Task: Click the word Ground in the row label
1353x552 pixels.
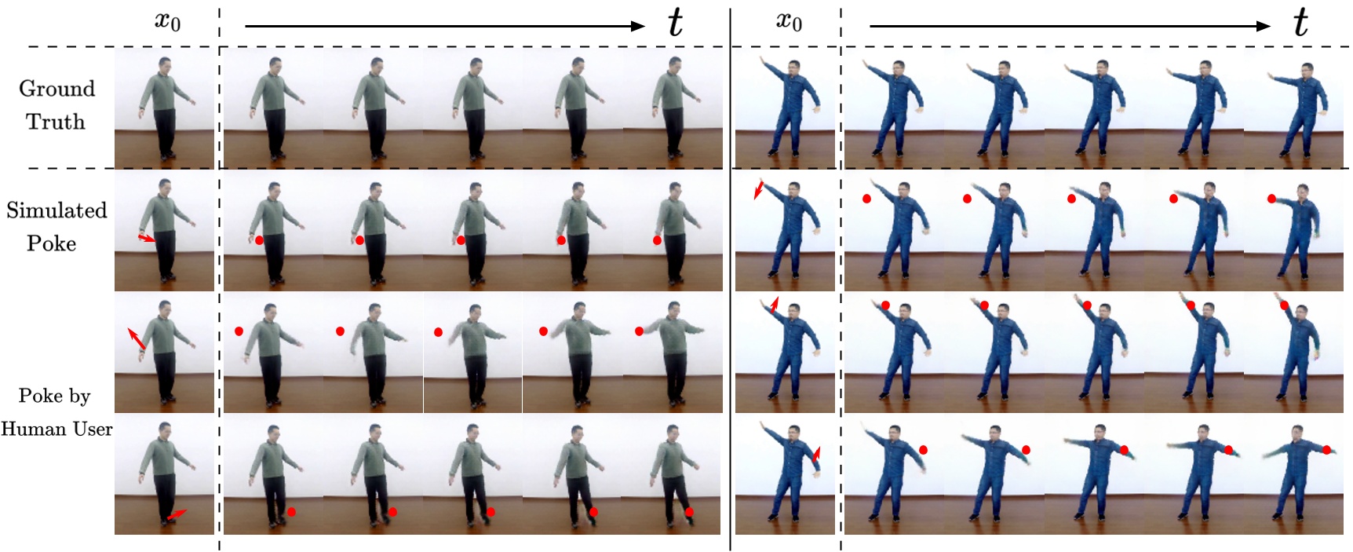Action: pyautogui.click(x=57, y=89)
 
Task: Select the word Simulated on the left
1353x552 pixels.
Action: pyautogui.click(x=57, y=210)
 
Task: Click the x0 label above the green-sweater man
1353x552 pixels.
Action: pyautogui.click(x=167, y=21)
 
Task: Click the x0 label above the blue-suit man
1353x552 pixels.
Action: pyautogui.click(x=789, y=21)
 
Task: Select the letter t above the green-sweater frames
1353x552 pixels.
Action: pyautogui.click(x=675, y=24)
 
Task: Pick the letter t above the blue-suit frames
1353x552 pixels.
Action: pyautogui.click(x=1300, y=24)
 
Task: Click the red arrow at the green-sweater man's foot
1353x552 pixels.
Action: pyautogui.click(x=177, y=514)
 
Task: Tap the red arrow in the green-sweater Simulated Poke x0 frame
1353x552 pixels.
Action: pyautogui.click(x=146, y=237)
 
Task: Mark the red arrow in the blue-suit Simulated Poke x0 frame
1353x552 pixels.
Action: pyautogui.click(x=759, y=189)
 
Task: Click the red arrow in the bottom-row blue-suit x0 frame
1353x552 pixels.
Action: pyautogui.click(x=816, y=454)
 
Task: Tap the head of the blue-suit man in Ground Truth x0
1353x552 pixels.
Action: pyautogui.click(x=793, y=68)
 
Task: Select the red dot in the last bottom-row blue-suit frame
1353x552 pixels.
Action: pyautogui.click(x=1326, y=450)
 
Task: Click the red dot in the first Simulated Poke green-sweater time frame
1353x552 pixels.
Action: pyautogui.click(x=259, y=239)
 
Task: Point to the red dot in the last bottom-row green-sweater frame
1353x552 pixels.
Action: pyautogui.click(x=689, y=512)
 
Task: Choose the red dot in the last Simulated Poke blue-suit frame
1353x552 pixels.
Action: pyautogui.click(x=1271, y=199)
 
